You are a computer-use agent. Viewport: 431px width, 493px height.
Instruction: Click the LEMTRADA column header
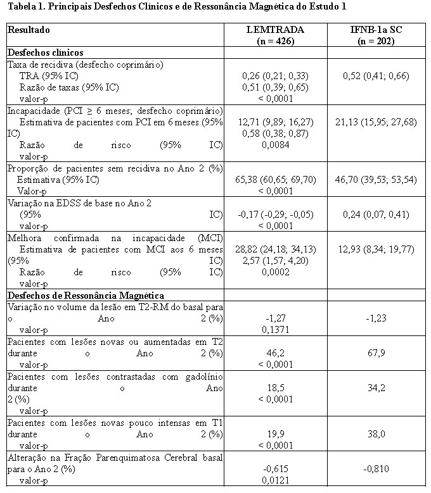coord(275,30)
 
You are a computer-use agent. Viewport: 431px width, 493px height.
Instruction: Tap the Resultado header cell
coord(29,30)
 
